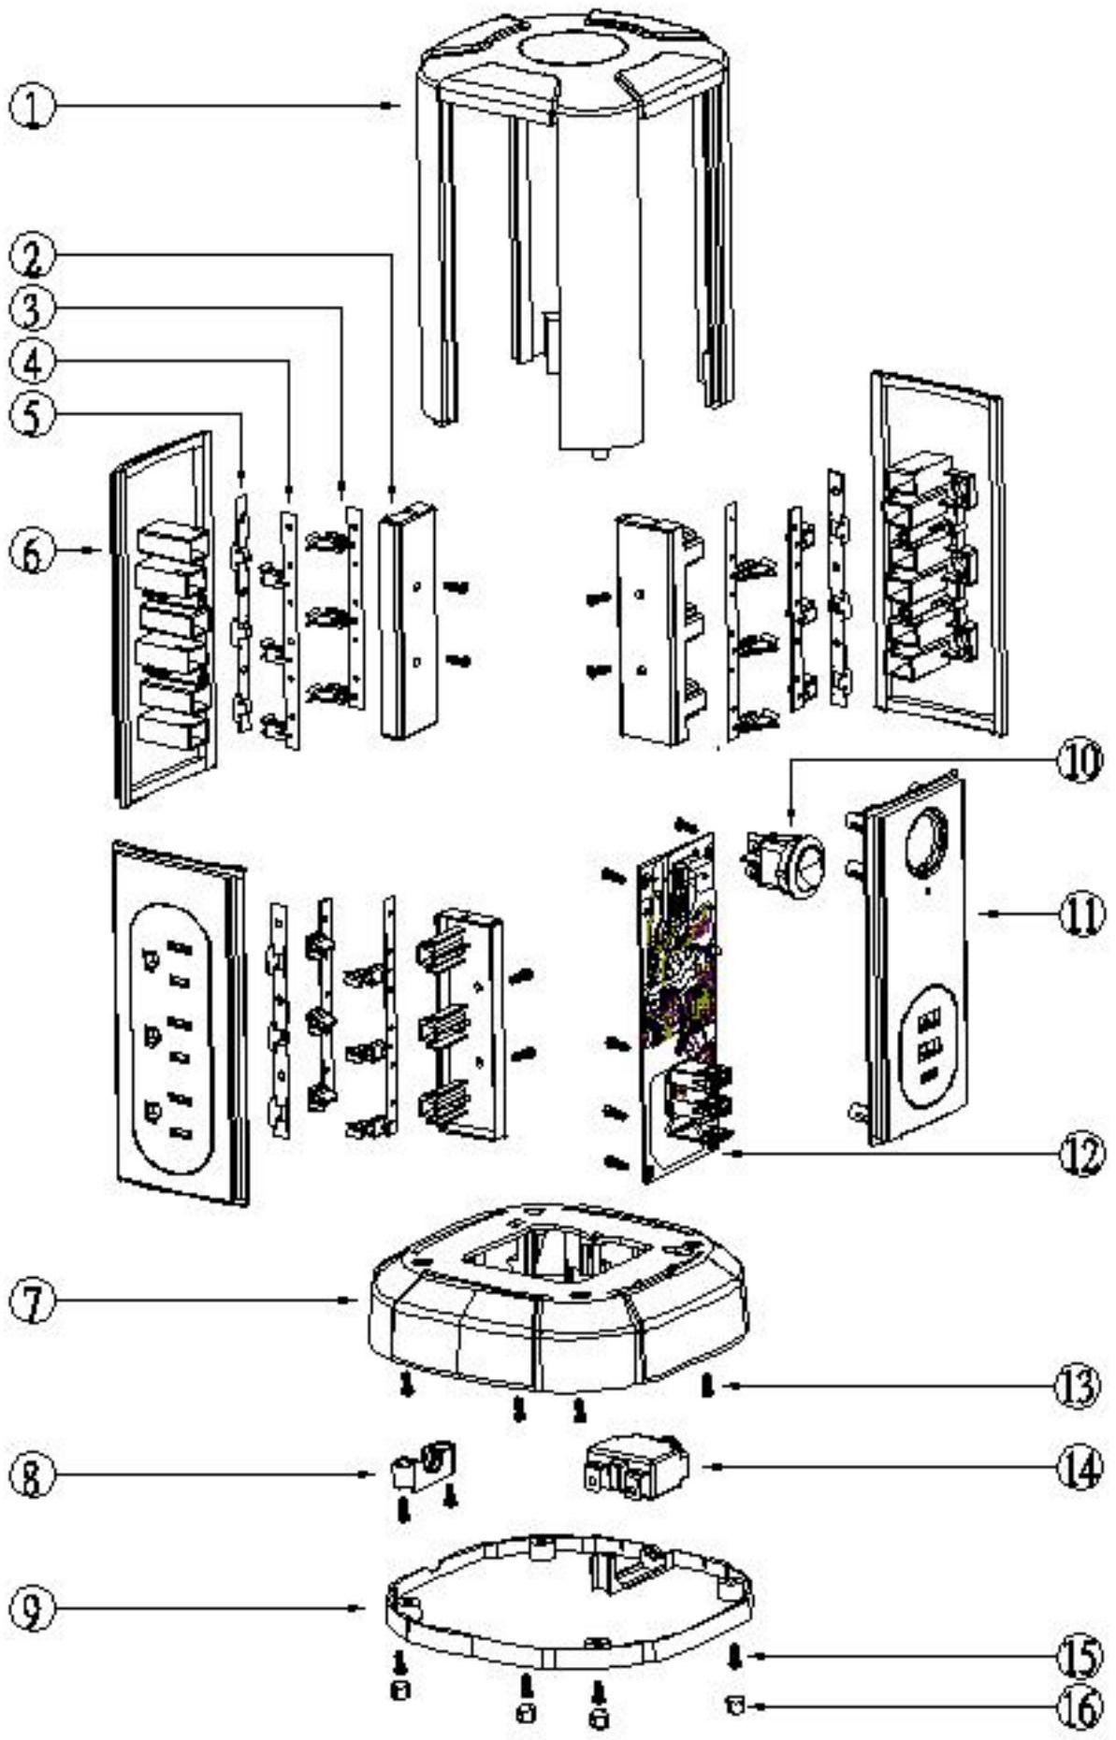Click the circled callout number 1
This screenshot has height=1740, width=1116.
[32, 108]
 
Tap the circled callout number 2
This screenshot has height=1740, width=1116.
[33, 255]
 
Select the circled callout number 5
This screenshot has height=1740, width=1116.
[33, 417]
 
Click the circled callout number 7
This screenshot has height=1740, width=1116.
[33, 1301]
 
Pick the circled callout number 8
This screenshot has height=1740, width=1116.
[33, 1476]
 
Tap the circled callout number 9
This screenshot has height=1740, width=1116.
[33, 1609]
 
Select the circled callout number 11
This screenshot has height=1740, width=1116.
[1080, 914]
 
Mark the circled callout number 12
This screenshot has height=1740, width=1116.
[1080, 1156]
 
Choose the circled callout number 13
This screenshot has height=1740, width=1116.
[1080, 1388]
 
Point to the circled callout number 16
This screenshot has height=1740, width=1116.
[1080, 1708]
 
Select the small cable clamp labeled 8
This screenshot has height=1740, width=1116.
[422, 1467]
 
